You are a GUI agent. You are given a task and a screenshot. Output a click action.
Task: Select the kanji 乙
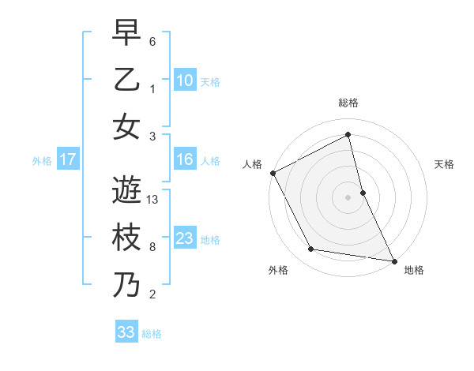tap(126, 79)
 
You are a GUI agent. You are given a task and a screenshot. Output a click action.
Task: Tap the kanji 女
tap(126, 126)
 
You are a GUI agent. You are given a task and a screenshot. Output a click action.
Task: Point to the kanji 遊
tap(126, 189)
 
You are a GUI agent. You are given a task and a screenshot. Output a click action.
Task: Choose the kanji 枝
tap(126, 237)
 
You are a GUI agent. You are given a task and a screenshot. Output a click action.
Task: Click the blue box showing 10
tap(185, 80)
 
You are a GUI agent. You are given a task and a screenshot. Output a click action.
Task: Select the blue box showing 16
tap(185, 159)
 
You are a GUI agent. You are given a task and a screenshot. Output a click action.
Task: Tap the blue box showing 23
tap(185, 238)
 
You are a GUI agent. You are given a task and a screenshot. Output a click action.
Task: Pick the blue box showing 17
tap(67, 159)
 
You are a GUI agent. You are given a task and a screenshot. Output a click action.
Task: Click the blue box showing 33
tap(126, 332)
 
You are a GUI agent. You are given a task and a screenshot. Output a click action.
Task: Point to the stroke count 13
tap(153, 200)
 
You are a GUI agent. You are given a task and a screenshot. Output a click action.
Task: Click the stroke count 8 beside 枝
tap(152, 247)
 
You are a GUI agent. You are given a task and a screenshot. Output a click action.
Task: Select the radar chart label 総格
tap(348, 103)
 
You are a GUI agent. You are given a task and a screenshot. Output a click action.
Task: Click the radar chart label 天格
tap(445, 164)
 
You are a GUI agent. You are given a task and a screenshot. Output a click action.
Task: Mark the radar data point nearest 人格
tap(273, 173)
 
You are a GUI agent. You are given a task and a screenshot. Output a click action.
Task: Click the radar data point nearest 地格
tap(393, 260)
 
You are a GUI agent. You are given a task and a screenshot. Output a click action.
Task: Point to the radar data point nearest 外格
tap(311, 249)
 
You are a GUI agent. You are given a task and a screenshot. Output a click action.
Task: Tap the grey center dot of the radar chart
tap(348, 197)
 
